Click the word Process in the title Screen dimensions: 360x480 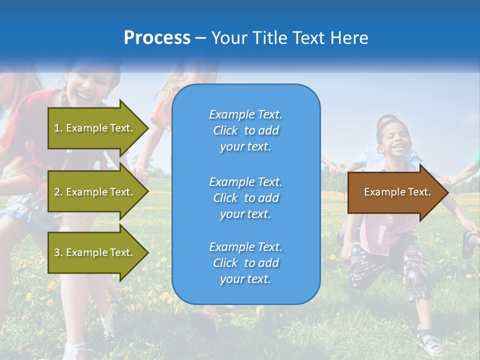point(157,38)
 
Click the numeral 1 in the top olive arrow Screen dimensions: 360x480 point(56,128)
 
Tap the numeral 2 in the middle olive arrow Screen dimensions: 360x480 point(57,192)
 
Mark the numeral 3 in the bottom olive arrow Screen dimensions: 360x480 point(57,252)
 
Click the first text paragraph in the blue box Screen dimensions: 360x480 point(245,130)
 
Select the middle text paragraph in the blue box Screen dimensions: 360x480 point(245,198)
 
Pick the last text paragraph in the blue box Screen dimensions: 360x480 point(245,263)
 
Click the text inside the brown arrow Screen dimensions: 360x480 point(397,192)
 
